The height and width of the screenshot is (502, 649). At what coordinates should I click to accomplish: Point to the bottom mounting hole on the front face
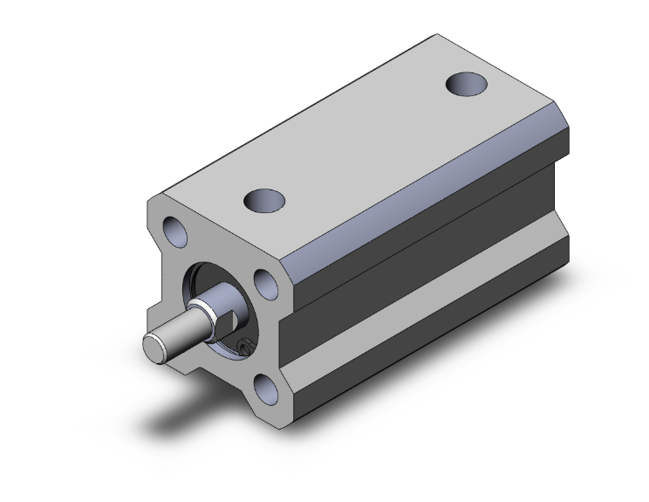270,388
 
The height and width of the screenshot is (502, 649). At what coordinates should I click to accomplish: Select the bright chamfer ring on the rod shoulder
203,308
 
